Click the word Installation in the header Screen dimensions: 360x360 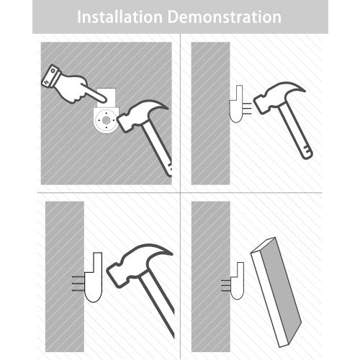120,17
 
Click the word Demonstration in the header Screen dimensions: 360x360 225,17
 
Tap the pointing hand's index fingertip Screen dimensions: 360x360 104,99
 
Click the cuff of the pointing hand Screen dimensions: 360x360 51,76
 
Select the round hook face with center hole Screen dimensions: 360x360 106,120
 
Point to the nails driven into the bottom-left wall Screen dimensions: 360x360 78,284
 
